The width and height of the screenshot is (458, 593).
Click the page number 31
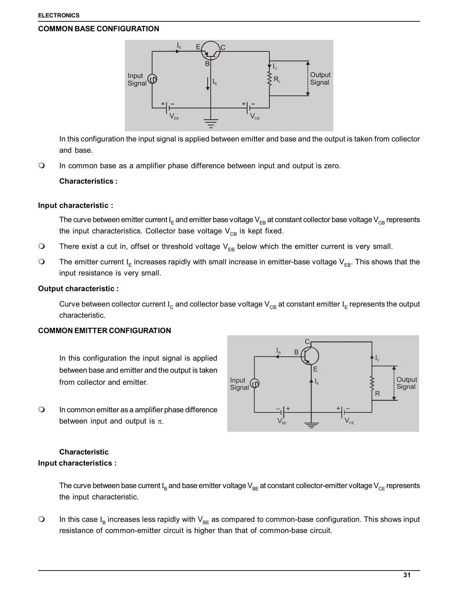click(x=407, y=575)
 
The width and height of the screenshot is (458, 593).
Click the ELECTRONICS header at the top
click(x=59, y=15)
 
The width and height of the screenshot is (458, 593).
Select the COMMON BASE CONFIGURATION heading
click(x=98, y=29)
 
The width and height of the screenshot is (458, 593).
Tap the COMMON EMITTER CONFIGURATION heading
click(x=105, y=331)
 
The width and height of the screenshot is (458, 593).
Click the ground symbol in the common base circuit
click(x=211, y=123)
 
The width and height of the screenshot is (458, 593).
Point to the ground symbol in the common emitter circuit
click(x=311, y=425)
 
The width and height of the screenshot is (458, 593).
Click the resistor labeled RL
click(x=269, y=79)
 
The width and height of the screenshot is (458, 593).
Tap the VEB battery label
click(x=174, y=116)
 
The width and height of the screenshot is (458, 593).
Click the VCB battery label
click(x=254, y=116)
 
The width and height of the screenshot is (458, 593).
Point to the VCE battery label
click(x=349, y=421)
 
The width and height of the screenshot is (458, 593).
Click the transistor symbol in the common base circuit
click(x=211, y=51)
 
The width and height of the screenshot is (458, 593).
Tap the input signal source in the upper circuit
click(x=153, y=79)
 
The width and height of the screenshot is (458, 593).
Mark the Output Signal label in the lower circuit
click(x=406, y=383)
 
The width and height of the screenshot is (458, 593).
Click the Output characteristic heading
click(x=78, y=289)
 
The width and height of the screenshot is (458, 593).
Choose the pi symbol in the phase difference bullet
click(x=160, y=422)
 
